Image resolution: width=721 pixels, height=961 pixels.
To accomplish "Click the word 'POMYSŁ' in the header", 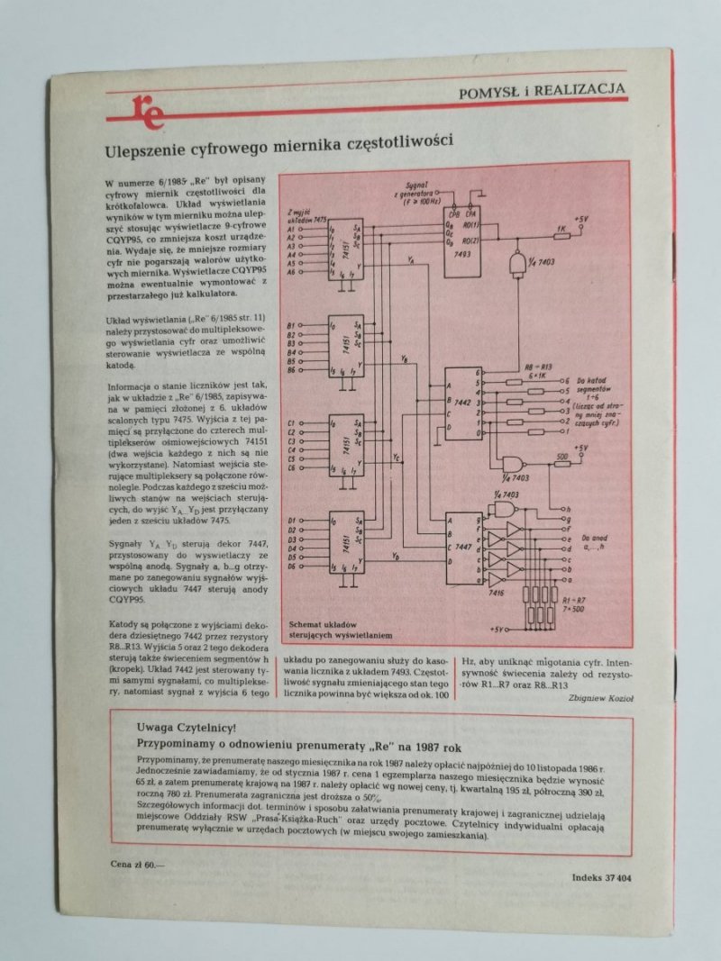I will (491, 91).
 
